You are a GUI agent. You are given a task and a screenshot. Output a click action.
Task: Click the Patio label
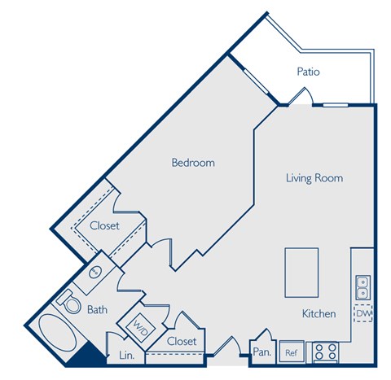[x=308, y=72]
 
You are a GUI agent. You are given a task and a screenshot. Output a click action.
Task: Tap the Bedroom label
[x=193, y=163]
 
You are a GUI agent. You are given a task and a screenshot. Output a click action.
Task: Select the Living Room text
[x=314, y=177]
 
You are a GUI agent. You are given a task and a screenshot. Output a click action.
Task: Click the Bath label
[x=98, y=309]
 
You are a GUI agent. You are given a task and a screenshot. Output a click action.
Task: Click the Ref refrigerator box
[x=290, y=353]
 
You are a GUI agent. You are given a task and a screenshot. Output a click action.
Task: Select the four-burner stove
[x=326, y=352]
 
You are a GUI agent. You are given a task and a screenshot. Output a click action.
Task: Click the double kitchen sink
[x=362, y=288]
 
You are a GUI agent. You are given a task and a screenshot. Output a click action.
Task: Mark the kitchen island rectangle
[x=301, y=273]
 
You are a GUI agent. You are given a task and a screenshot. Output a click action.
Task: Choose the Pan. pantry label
[x=261, y=352]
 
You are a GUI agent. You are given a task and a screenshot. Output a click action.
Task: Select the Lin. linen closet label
[x=126, y=356]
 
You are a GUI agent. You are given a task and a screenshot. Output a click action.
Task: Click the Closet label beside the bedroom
[x=105, y=225]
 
